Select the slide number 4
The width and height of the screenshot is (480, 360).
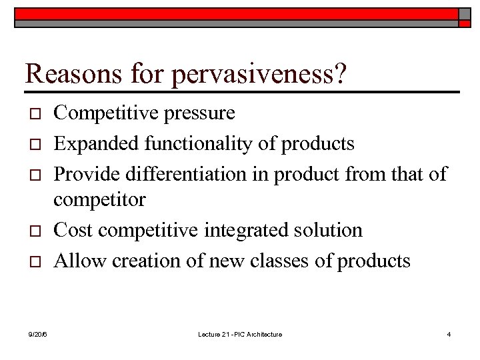click(x=449, y=334)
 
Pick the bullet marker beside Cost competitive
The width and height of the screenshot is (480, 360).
click(x=37, y=231)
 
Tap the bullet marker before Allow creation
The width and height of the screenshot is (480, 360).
click(x=37, y=261)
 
